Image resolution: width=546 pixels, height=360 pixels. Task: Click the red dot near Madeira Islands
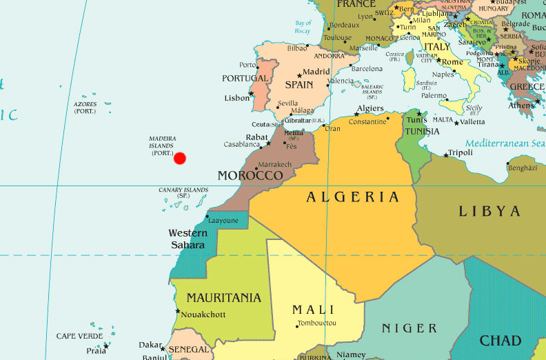[180, 159]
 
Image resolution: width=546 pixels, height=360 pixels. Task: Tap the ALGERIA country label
[353, 197]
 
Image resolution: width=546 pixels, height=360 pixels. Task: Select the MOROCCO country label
[250, 176]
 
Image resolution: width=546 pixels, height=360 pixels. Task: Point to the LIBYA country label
[489, 211]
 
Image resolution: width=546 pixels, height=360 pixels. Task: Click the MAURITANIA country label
[223, 298]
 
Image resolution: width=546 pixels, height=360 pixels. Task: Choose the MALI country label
[313, 310]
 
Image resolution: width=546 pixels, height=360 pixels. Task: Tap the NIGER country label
[410, 328]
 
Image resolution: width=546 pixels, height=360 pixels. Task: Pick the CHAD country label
[501, 341]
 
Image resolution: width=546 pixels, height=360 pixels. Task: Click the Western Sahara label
[187, 239]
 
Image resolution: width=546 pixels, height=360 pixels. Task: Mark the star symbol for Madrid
[299, 74]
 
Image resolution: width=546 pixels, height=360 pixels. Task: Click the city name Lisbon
[237, 98]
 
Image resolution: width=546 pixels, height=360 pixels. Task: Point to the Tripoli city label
[461, 152]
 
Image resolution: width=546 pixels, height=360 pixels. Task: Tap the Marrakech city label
[276, 165]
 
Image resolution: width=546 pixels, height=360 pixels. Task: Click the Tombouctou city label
[317, 323]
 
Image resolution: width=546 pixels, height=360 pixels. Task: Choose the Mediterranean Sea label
[505, 143]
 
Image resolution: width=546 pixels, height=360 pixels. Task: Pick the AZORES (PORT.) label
[85, 108]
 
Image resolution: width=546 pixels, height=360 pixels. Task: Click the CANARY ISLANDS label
[183, 192]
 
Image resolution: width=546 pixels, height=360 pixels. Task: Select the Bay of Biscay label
[303, 27]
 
